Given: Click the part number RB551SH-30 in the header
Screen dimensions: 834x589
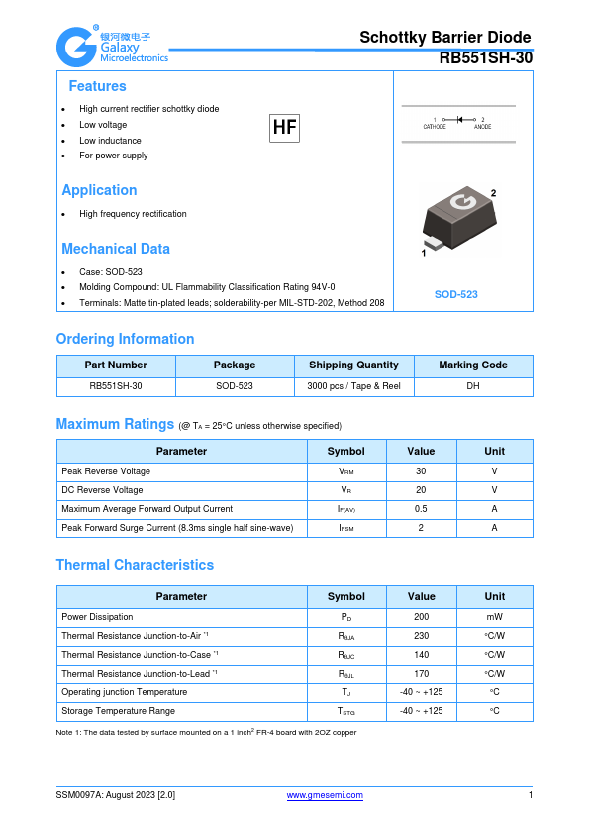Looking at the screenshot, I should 485,58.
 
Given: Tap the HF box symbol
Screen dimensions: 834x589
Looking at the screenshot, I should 284,127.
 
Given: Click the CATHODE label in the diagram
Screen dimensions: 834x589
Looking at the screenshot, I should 435,127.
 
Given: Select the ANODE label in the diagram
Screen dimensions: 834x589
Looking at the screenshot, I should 482,127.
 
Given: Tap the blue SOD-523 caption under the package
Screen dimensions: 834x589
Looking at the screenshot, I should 456,295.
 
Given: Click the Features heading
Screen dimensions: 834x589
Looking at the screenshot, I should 97,86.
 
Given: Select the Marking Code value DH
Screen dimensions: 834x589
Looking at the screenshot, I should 472,386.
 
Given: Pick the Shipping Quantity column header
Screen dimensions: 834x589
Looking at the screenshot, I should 353,365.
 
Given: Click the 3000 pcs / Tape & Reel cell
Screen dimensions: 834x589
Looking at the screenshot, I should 353,386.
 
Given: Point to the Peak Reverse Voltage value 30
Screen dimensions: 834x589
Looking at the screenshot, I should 421,471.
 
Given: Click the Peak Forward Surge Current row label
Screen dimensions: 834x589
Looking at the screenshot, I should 177,528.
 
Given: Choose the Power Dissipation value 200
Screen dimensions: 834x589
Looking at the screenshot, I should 421,616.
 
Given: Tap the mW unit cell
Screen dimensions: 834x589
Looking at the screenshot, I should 494,616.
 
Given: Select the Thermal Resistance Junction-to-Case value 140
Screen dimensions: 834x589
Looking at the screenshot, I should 421,655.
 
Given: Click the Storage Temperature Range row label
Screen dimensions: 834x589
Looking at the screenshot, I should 118,711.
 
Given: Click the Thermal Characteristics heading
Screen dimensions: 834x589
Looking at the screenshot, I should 135,565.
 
